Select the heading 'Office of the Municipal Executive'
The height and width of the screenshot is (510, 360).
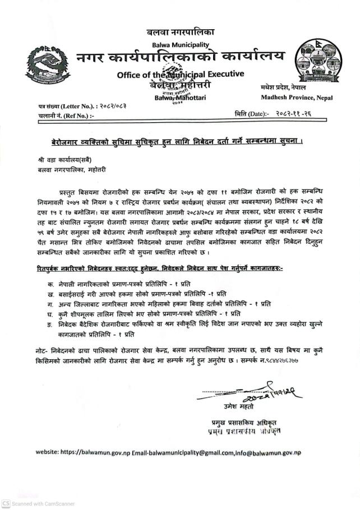coord(181,75)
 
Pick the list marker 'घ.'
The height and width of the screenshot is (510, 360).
coord(52,313)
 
